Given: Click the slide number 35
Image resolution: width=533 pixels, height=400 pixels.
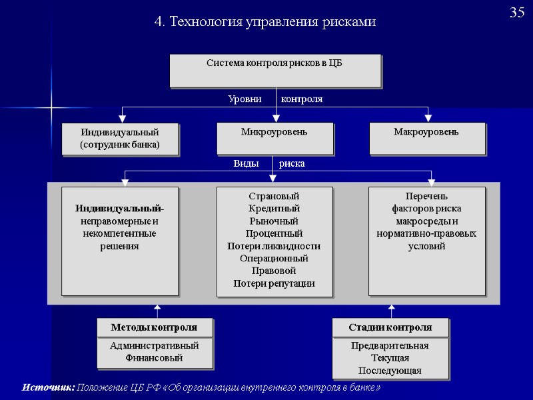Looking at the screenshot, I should pyautogui.click(x=517, y=13).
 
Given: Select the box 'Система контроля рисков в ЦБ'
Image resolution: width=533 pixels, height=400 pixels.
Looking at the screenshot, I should pyautogui.click(x=274, y=71).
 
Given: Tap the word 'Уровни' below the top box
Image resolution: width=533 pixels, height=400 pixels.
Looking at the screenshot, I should pyautogui.click(x=245, y=99).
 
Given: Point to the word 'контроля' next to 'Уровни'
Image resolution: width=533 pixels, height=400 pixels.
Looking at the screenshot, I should pyautogui.click(x=302, y=99).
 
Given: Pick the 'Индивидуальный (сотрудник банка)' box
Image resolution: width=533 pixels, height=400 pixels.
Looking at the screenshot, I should pyautogui.click(x=120, y=139).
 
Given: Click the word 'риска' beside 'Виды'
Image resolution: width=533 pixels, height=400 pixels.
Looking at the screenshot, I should pyautogui.click(x=292, y=163).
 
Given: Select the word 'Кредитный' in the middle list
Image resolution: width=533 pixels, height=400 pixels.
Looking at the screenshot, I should pyautogui.click(x=274, y=209).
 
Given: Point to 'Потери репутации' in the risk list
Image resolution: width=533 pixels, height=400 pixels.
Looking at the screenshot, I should pyautogui.click(x=274, y=283).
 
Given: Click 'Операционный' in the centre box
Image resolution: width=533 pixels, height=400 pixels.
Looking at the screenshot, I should pyautogui.click(x=274, y=258).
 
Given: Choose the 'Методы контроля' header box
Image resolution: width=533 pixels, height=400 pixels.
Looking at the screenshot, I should pyautogui.click(x=154, y=327).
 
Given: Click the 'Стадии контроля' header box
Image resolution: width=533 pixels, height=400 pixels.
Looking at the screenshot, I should pyautogui.click(x=390, y=327).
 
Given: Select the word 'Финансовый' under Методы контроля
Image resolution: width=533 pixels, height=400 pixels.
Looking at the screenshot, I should pyautogui.click(x=154, y=358).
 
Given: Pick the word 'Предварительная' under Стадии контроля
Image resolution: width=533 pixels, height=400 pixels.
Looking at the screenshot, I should pyautogui.click(x=390, y=346).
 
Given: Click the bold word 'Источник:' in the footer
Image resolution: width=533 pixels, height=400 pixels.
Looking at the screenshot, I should pyautogui.click(x=48, y=387).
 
